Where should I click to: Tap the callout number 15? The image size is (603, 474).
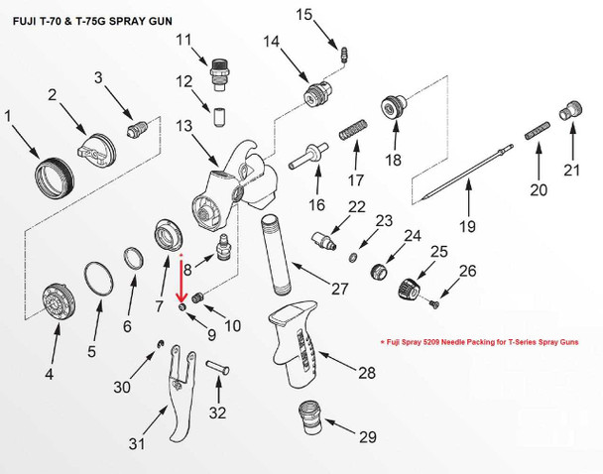303,14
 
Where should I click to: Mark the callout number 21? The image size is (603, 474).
570,172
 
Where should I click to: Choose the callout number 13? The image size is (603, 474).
181,126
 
